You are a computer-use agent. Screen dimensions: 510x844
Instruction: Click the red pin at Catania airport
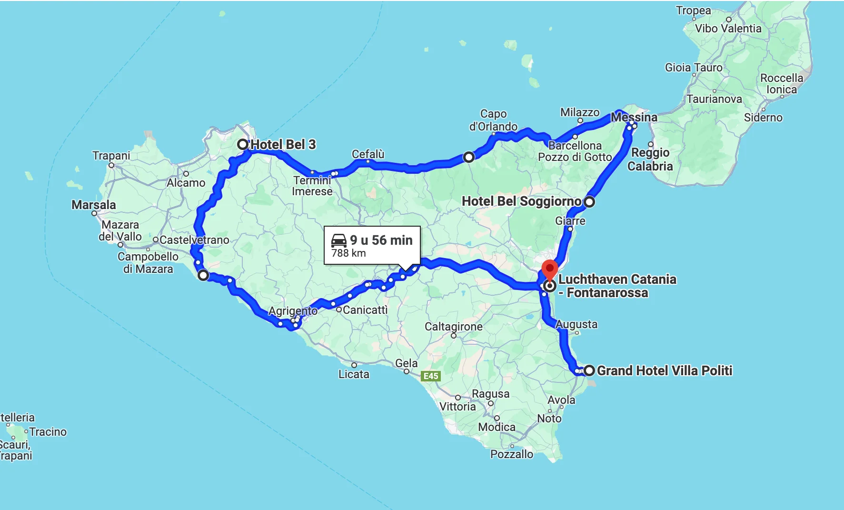(549, 270)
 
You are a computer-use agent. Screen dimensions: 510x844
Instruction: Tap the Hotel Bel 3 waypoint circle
(243, 144)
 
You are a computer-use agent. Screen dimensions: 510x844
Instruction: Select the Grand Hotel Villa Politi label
(665, 370)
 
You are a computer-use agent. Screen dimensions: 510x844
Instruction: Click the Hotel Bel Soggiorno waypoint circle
(589, 202)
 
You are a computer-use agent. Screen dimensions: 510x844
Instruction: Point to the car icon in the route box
(339, 240)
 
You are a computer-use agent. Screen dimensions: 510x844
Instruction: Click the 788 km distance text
(348, 253)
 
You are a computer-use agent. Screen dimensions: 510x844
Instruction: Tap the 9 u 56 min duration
(381, 240)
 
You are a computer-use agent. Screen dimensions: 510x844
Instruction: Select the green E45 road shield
(431, 376)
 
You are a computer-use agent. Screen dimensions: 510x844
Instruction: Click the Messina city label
(634, 117)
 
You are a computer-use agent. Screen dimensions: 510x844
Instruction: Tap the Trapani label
(111, 156)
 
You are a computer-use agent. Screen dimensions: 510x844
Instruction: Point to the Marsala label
(94, 205)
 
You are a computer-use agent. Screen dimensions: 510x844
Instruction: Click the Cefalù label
(368, 154)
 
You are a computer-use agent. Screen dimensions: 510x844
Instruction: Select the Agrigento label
(293, 311)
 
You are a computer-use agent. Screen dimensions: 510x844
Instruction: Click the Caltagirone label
(454, 326)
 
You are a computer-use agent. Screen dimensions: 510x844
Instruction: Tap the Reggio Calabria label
(650, 160)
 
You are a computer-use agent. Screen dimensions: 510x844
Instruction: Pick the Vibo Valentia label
(728, 29)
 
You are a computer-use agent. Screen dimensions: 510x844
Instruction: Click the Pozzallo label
(512, 454)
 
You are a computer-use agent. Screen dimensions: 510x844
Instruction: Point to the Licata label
(354, 374)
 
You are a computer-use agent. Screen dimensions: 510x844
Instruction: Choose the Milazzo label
(580, 112)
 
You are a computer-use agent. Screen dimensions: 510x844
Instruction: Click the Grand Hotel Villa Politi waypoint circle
(589, 370)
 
